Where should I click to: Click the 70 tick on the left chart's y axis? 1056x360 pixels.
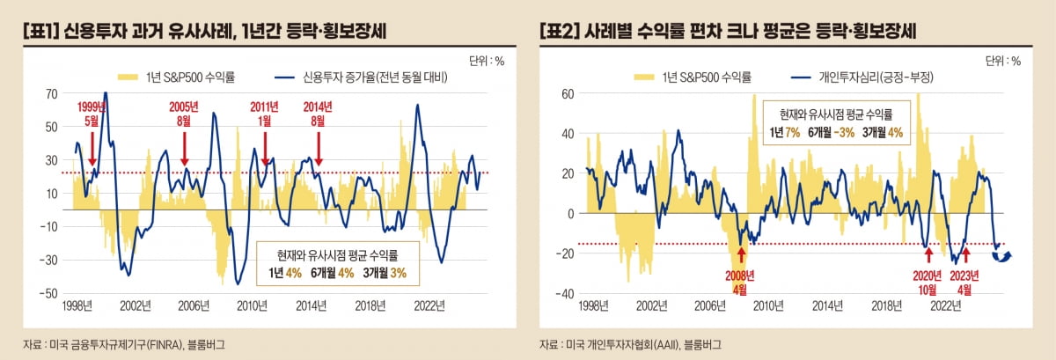(x=52, y=92)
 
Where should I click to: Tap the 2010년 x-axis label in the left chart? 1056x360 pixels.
(x=253, y=306)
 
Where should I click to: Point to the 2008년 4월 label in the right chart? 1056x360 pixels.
(x=741, y=281)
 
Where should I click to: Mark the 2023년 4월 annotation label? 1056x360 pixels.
(x=965, y=281)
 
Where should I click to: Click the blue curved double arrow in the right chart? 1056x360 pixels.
(x=1001, y=255)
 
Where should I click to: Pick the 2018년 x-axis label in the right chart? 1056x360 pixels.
(x=888, y=306)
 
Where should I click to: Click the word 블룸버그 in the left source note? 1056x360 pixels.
(x=208, y=344)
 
